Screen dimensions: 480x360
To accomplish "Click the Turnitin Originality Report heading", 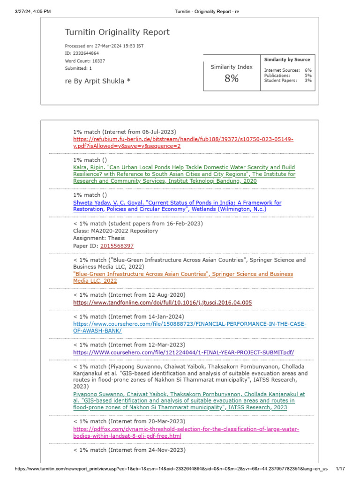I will click(117, 32).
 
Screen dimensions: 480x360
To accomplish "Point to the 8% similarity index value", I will click(231, 79).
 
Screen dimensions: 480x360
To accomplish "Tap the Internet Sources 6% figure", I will click(308, 70).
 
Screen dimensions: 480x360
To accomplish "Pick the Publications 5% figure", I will click(308, 75).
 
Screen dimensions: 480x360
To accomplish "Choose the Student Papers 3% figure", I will click(308, 81).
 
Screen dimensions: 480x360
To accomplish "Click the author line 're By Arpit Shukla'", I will click(97, 81).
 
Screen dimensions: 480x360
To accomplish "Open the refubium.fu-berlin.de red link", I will click(183, 142).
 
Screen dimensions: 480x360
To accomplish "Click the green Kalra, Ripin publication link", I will click(184, 174).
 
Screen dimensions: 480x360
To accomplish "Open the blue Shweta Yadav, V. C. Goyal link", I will click(177, 206).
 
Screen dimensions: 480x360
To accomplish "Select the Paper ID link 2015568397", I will click(117, 246).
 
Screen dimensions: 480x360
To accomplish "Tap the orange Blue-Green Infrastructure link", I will click(183, 277).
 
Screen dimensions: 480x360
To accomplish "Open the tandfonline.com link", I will click(162, 302).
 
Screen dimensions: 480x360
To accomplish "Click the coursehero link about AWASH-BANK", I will click(189, 327).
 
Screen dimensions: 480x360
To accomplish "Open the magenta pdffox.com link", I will click(186, 432).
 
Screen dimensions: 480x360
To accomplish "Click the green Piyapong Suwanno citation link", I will click(188, 401).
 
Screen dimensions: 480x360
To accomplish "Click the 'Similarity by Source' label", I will click(287, 60).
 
